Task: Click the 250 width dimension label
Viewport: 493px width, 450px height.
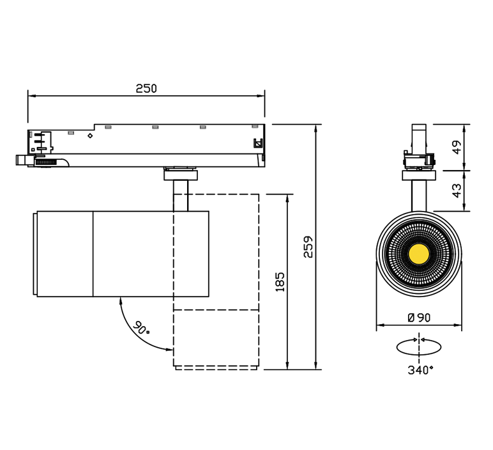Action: point(146,89)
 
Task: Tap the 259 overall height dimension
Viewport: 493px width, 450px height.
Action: point(308,247)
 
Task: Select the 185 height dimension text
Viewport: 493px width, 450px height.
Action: point(280,282)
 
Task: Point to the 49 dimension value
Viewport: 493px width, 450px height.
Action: point(457,147)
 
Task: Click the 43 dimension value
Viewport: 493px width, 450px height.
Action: point(457,190)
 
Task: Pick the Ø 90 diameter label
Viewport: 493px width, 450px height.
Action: point(419,318)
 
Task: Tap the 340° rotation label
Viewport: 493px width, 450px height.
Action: point(420,370)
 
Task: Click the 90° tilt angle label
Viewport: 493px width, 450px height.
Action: point(141,327)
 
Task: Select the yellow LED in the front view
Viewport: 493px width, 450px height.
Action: point(419,253)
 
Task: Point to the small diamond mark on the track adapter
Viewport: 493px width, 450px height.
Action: point(90,136)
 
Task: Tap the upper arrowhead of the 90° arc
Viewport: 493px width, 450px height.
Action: point(121,301)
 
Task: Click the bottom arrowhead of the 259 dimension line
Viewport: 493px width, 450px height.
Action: point(315,366)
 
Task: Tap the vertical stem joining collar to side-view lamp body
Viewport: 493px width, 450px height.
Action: point(181,196)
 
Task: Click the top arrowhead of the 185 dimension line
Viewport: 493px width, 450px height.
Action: point(287,198)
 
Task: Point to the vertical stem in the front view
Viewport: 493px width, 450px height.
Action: point(419,196)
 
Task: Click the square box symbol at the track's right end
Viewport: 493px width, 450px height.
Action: point(258,143)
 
